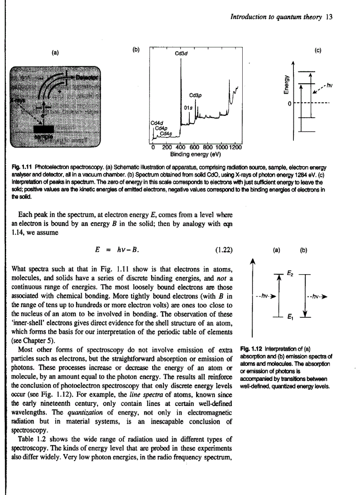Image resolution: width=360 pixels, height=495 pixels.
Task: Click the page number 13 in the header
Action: [x=329, y=17]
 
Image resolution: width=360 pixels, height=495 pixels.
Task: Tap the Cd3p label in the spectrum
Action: [x=195, y=94]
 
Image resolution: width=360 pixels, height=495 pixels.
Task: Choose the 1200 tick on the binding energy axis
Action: [x=236, y=147]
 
